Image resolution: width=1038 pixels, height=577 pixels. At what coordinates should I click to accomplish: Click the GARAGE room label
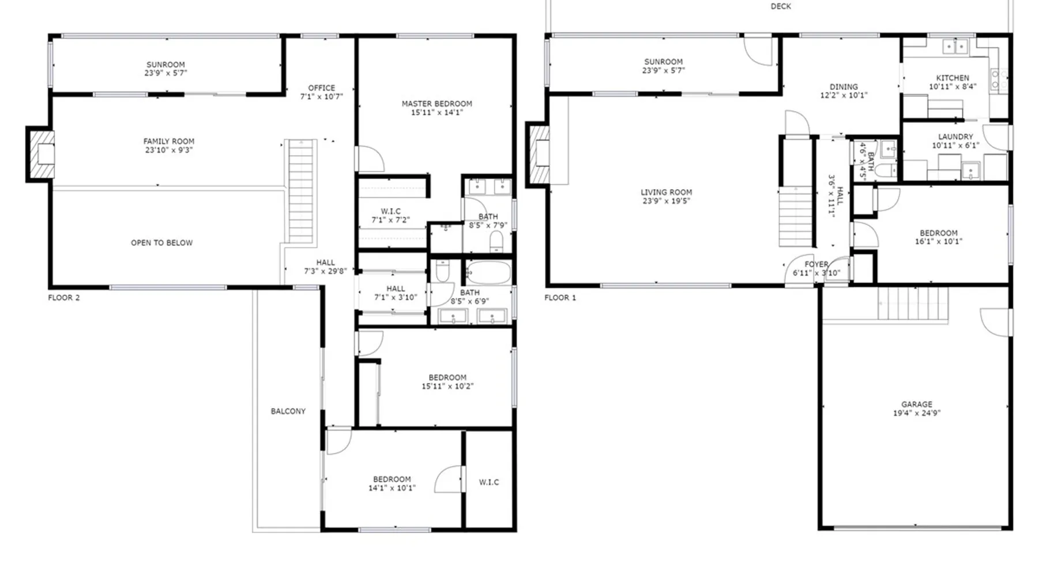[x=917, y=404]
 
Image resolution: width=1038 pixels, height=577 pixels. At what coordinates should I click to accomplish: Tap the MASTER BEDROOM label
[x=437, y=104]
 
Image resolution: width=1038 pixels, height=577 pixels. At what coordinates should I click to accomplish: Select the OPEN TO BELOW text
[x=161, y=243]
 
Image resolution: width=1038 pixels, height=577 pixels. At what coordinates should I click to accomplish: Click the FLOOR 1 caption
[x=560, y=298]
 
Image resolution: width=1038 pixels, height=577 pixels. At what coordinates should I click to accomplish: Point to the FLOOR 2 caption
[x=64, y=298]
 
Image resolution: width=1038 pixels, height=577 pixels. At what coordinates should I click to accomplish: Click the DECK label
[x=781, y=6]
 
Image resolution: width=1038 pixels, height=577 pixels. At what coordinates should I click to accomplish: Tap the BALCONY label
[x=288, y=411]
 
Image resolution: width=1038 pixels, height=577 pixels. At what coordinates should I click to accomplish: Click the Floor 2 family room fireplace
[x=40, y=155]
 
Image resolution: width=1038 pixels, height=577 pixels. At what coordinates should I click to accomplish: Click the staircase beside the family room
[x=301, y=192]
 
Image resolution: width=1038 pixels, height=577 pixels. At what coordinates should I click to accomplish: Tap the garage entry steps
[x=913, y=304]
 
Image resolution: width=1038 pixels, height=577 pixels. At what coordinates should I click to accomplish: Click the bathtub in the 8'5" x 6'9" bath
[x=488, y=272]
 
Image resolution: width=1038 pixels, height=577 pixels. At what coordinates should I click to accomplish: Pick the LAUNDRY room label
[x=956, y=137]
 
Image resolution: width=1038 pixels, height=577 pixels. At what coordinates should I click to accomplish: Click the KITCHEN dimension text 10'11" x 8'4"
[x=953, y=87]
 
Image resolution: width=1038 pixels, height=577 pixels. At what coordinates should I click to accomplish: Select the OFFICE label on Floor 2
[x=322, y=88]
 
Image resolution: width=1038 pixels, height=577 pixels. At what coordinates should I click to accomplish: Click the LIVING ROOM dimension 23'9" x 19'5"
[x=666, y=201]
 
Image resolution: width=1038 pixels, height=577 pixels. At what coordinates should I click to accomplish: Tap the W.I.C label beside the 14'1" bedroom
[x=489, y=482]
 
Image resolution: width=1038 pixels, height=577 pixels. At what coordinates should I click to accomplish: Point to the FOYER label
[x=817, y=264]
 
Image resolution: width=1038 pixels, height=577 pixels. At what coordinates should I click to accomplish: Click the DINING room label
[x=844, y=87]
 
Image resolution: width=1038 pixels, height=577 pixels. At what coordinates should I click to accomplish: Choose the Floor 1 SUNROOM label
[x=663, y=62]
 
